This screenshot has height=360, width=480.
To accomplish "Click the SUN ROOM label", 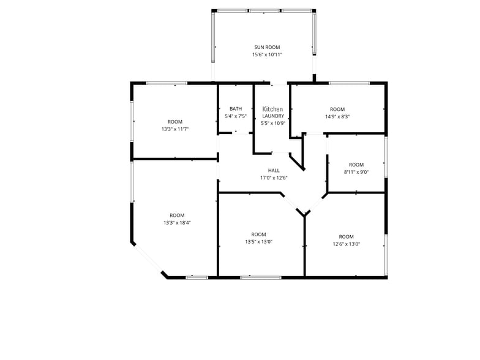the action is point(267,47).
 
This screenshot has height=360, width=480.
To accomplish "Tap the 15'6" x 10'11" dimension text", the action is point(267,55).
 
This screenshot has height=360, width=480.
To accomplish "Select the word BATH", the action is point(236,109).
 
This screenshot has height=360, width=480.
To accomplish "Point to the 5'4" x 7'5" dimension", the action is point(236,116).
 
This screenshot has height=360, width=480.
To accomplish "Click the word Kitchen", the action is point(272,109).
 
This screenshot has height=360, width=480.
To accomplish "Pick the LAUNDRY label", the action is point(273,116).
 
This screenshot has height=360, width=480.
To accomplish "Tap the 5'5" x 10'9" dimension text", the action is point(273,124).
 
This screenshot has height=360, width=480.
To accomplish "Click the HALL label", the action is point(274,170).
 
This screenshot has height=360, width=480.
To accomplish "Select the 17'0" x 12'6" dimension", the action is point(274,178).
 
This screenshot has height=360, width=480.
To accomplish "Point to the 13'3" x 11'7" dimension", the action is point(175,129).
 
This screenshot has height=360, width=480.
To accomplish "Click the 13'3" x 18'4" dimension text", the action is point(178,223).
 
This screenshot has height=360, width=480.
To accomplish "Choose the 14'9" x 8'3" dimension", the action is point(337,116).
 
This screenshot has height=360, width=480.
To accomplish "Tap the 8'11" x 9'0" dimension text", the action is point(356,172).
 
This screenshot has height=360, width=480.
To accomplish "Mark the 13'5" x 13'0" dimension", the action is point(258,242).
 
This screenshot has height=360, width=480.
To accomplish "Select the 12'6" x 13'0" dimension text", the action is point(347,244).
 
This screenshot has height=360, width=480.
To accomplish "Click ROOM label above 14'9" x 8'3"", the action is point(337,109).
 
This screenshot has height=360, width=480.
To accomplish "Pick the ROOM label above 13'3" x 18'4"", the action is point(178,216).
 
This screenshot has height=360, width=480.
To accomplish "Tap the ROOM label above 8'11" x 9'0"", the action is point(356,165).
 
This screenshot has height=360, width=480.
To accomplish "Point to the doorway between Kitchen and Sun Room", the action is point(279,83).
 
